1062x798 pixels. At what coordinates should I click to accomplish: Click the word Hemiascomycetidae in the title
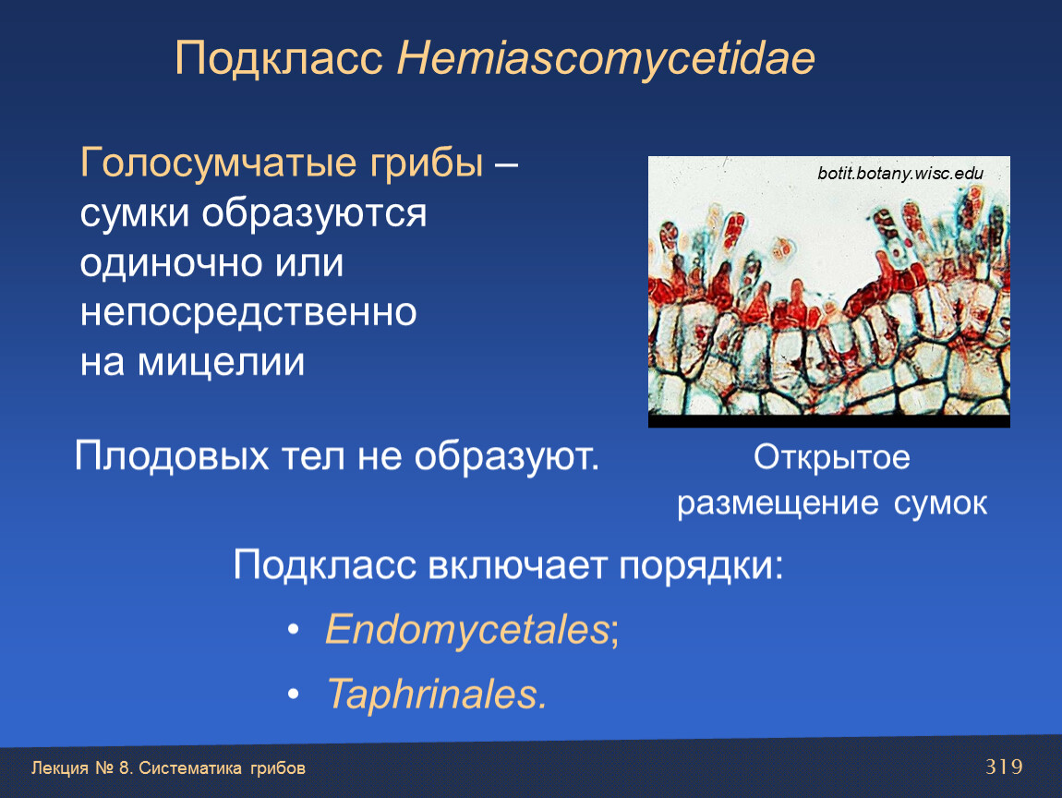[606, 59]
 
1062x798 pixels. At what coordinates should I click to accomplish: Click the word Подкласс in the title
[279, 59]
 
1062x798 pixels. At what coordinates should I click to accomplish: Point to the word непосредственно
[247, 313]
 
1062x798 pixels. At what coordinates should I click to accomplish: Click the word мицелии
[221, 362]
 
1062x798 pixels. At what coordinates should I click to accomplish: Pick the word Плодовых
[172, 456]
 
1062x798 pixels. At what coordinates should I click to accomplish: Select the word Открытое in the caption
[832, 458]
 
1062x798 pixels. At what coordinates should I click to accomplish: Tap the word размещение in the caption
[778, 504]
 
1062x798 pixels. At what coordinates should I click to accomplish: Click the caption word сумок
[940, 504]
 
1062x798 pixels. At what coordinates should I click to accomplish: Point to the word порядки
[701, 565]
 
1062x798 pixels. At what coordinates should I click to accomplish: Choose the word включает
[517, 564]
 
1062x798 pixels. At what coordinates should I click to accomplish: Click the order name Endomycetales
[468, 629]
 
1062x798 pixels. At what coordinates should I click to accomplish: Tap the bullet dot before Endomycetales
[294, 630]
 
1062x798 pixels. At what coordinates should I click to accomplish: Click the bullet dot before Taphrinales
[294, 695]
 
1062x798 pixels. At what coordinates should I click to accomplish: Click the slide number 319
[1004, 768]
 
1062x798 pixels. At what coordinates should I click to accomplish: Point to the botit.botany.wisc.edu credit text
[900, 174]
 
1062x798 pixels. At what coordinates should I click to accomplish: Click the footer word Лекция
[60, 768]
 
